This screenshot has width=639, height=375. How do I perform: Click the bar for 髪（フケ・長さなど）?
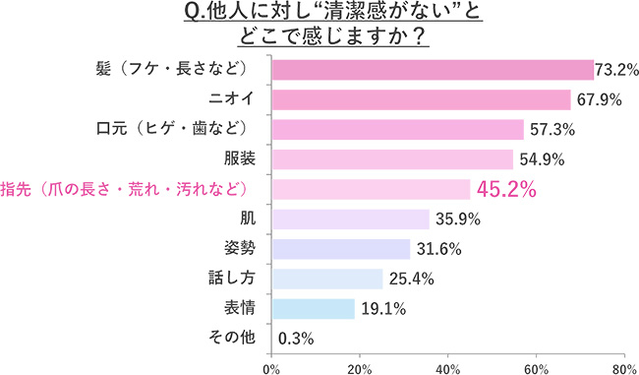click(432, 70)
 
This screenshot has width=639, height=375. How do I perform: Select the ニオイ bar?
click(420, 99)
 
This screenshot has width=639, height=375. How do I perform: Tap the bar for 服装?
click(391, 159)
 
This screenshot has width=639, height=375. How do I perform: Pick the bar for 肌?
click(349, 219)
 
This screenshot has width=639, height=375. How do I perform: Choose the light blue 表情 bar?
click(312, 308)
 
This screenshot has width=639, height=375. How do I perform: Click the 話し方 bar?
click(325, 279)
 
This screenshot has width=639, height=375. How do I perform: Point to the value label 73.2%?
click(617, 70)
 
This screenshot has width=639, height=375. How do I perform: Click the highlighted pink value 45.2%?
click(506, 189)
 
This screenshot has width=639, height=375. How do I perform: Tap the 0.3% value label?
click(296, 339)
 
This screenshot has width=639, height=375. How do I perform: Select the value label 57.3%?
click(551, 129)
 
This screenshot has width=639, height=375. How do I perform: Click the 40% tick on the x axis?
click(448, 368)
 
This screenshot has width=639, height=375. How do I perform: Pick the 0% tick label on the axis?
click(271, 368)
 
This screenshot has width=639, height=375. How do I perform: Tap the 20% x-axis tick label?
click(360, 368)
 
